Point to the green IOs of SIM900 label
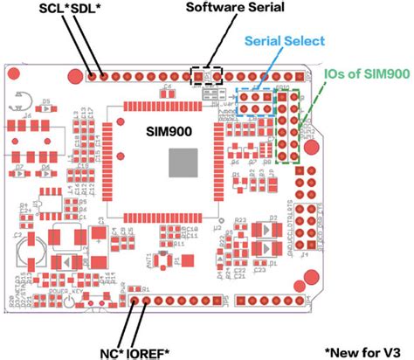tap(362, 75)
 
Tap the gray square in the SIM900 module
tap(184, 163)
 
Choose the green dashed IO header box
tap(291, 126)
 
